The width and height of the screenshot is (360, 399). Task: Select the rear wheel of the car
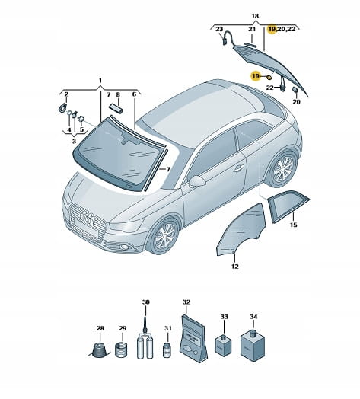(284, 169)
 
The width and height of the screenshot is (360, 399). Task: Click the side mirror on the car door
(197, 181)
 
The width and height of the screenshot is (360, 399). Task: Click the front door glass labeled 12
(241, 230)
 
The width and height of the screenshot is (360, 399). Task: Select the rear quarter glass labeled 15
(288, 206)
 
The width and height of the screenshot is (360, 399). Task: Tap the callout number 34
(253, 317)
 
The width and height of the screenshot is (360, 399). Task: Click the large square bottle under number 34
(253, 346)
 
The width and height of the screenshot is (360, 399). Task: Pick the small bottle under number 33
(224, 345)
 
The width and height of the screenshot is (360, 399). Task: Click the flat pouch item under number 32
(193, 339)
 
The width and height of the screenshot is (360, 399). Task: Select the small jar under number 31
(167, 350)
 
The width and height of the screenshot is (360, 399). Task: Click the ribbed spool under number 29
(121, 350)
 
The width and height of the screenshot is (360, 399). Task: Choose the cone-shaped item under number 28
(99, 350)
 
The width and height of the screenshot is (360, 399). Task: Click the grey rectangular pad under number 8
(116, 108)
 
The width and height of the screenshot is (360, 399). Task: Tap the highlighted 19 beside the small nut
(256, 76)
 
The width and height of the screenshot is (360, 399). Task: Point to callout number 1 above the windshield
(100, 81)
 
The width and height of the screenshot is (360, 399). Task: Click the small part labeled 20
(295, 91)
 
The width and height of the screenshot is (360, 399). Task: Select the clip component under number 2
(62, 108)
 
